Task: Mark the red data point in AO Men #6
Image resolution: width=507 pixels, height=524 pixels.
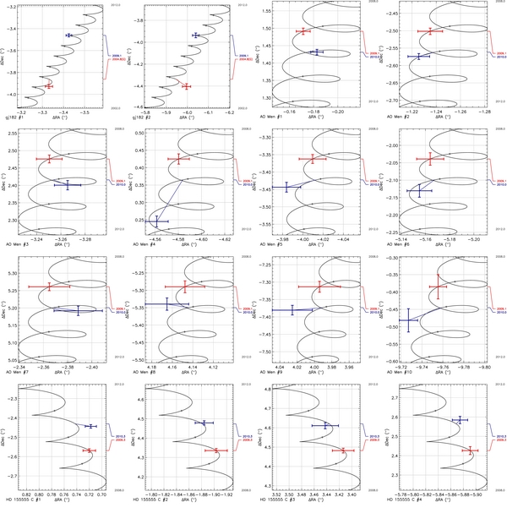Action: (x=430, y=159)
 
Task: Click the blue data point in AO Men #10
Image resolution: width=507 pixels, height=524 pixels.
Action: (x=410, y=320)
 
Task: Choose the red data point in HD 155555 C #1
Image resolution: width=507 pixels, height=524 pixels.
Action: (x=88, y=450)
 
